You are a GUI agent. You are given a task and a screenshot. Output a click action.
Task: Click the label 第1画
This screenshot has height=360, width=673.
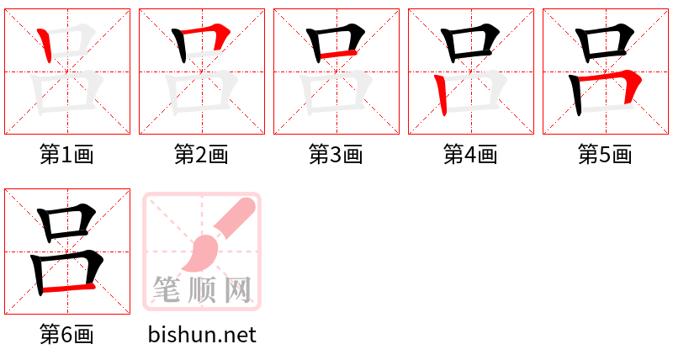66,155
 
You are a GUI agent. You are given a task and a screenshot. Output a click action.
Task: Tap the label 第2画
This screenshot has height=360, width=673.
201,155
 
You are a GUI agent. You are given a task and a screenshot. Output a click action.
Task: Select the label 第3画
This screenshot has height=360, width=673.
336,155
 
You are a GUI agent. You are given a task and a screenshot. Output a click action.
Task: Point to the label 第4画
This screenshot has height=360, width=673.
470,155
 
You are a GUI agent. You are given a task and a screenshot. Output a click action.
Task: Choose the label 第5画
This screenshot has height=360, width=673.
605,155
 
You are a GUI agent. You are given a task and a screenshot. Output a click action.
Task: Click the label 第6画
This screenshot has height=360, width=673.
66,335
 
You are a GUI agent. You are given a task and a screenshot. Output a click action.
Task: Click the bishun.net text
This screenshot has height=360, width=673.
202,335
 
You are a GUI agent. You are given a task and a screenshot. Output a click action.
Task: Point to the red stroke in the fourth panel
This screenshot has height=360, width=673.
440,95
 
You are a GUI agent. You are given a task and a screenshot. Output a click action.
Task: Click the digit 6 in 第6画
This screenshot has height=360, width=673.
66,335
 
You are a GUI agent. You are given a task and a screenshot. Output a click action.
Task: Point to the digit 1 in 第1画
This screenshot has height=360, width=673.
66,155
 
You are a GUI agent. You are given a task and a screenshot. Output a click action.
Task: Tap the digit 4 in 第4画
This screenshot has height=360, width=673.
470,155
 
